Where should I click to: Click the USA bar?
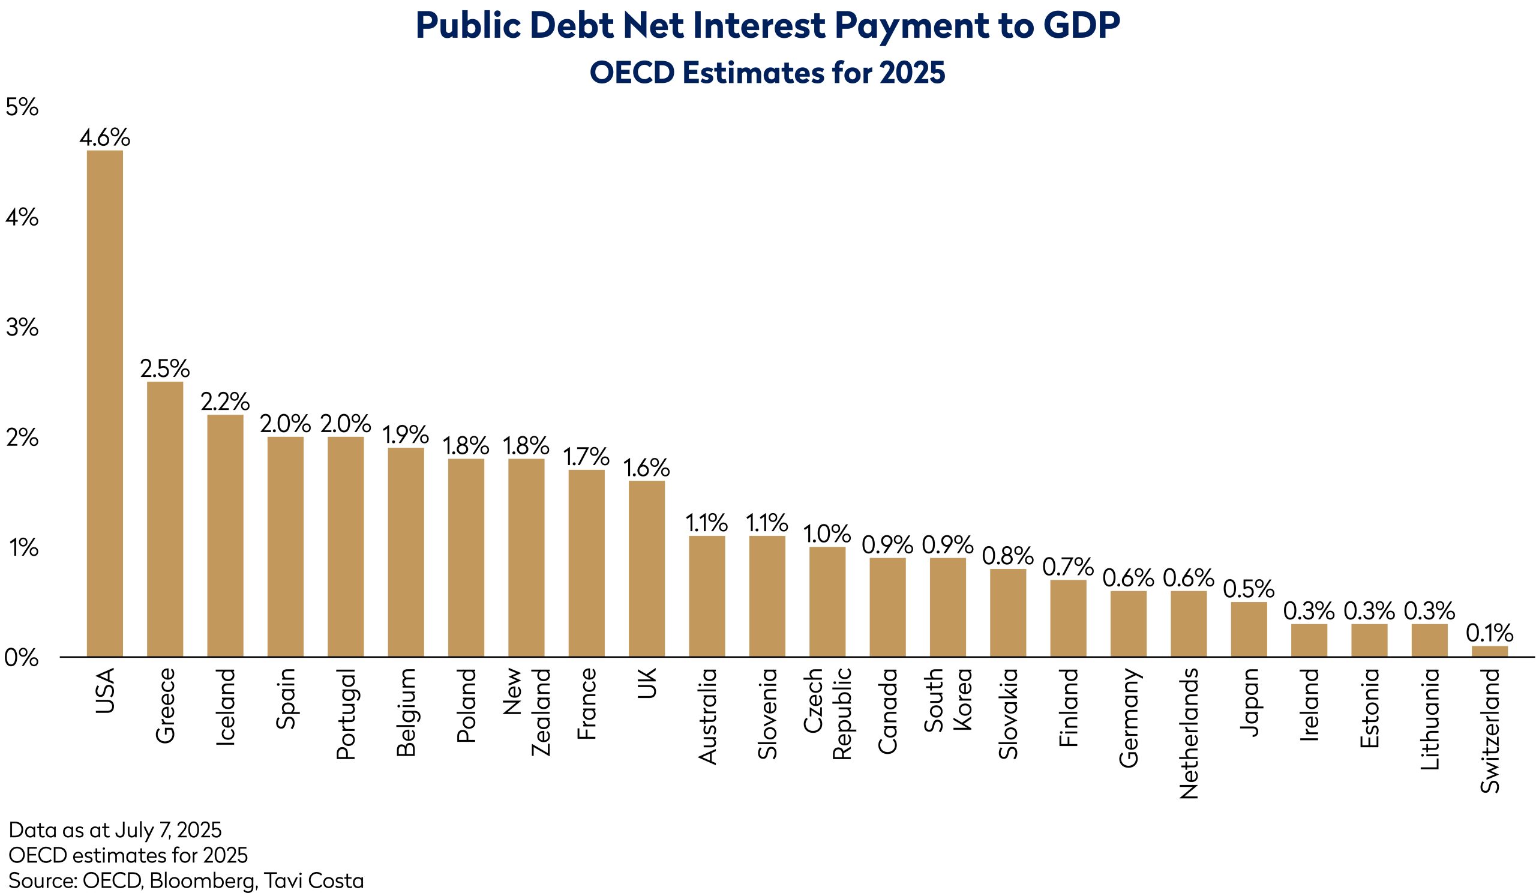pos(104,402)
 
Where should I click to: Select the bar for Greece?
pos(164,519)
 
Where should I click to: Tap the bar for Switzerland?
pos(1490,652)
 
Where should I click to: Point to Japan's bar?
pos(1249,629)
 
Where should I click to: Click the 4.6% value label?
pos(104,138)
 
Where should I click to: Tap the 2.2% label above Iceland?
pos(225,401)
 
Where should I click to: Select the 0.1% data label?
pos(1490,633)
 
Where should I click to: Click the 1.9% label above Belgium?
pos(406,434)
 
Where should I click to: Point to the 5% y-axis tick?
pos(22,107)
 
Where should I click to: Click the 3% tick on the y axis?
pos(22,328)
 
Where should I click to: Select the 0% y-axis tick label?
pos(22,658)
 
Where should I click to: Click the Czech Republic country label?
pos(827,714)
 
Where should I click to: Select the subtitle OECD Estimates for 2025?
pos(767,73)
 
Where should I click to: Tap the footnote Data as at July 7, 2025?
pos(115,829)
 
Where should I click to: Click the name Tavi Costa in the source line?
pos(314,880)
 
